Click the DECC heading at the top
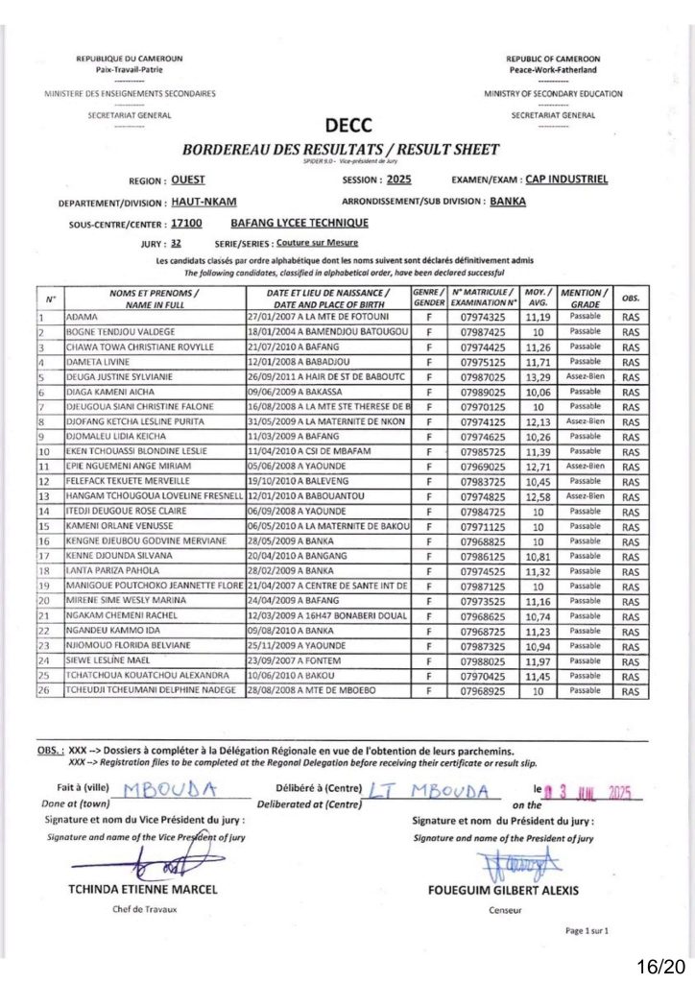click(348, 125)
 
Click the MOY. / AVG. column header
click(538, 297)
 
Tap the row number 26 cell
click(44, 691)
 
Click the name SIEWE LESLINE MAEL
click(109, 660)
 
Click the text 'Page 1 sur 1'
click(587, 931)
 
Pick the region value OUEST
click(187, 180)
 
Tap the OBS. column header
click(630, 297)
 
